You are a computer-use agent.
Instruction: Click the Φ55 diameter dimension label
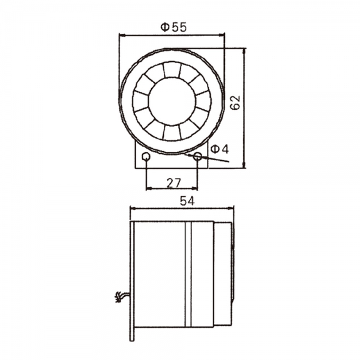tap(173, 26)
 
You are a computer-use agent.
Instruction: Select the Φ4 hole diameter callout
tap(220, 148)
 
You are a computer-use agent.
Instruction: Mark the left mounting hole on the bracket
tap(146, 157)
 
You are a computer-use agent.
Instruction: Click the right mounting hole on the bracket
tap(197, 157)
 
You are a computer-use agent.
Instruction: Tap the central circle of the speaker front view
tap(172, 100)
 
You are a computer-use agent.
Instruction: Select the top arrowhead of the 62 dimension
tap(245, 52)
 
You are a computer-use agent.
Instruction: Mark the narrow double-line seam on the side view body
tap(187, 274)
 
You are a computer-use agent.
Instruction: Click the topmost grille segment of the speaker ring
tap(172, 68)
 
